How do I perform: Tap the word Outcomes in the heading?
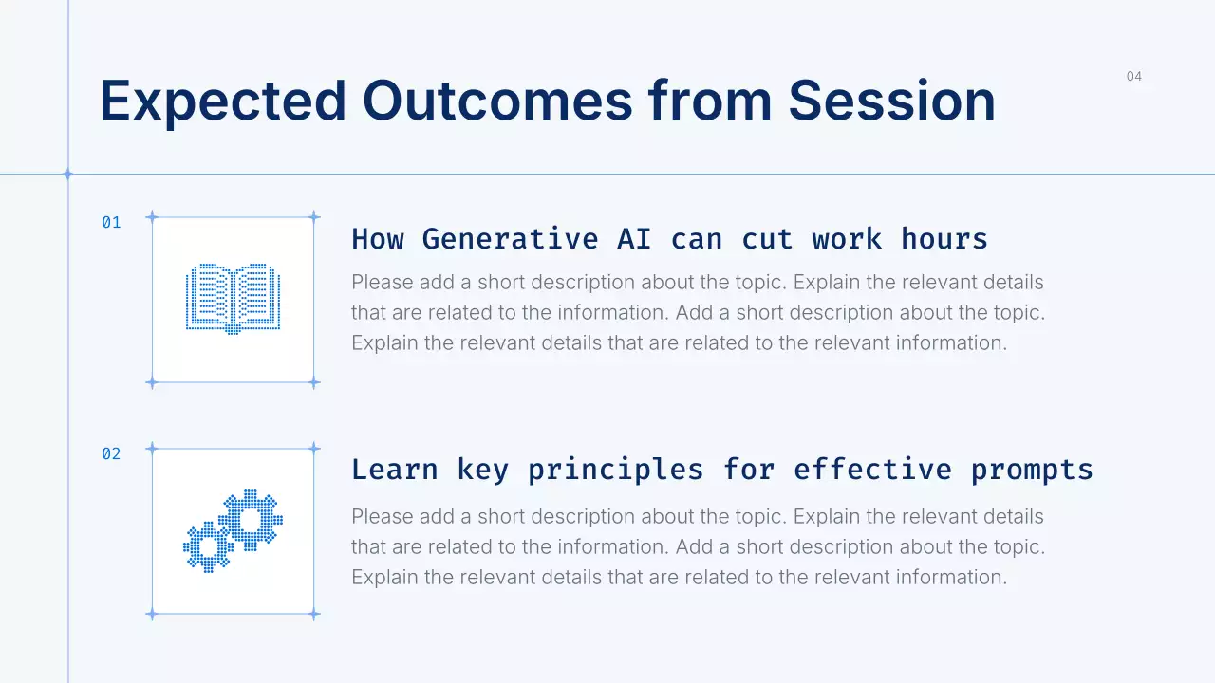498,101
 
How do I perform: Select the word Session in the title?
891,101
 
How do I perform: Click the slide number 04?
1133,77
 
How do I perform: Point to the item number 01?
111,222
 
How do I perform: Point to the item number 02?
111,453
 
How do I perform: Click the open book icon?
234,299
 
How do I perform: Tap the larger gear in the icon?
251,520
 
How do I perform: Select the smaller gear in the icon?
208,547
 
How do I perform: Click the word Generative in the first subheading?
511,239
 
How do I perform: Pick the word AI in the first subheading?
634,239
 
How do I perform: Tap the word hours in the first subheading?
944,239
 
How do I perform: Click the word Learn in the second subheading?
394,470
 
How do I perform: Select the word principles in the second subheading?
616,471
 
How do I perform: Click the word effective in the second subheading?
872,470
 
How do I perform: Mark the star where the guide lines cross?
68,175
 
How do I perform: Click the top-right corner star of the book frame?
314,217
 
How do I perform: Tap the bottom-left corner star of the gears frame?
152,615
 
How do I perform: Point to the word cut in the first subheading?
767,240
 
